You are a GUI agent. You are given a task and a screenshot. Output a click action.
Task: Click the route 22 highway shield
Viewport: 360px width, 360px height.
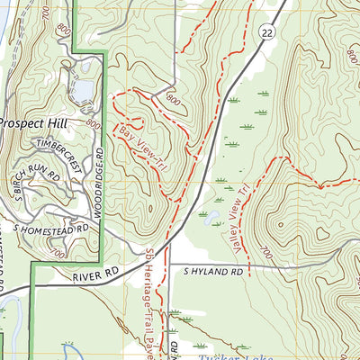pyautogui.click(x=268, y=32)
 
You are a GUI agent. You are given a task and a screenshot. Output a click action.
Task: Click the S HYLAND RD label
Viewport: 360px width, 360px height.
pyautogui.click(x=213, y=270)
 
